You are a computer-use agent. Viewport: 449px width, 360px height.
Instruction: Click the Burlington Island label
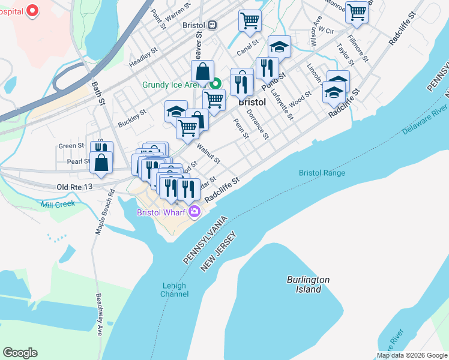click(308, 284)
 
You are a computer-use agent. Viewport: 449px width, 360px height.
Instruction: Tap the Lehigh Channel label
click(175, 290)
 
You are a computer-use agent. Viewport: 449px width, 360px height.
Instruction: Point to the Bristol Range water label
click(322, 173)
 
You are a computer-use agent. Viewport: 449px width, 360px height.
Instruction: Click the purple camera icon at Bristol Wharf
click(194, 211)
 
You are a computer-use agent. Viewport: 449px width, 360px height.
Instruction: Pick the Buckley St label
click(132, 117)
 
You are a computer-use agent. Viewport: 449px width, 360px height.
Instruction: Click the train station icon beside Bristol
click(212, 26)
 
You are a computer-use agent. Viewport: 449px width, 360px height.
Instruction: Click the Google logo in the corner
click(20, 352)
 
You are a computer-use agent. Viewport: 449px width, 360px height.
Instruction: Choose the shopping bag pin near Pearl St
click(101, 162)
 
